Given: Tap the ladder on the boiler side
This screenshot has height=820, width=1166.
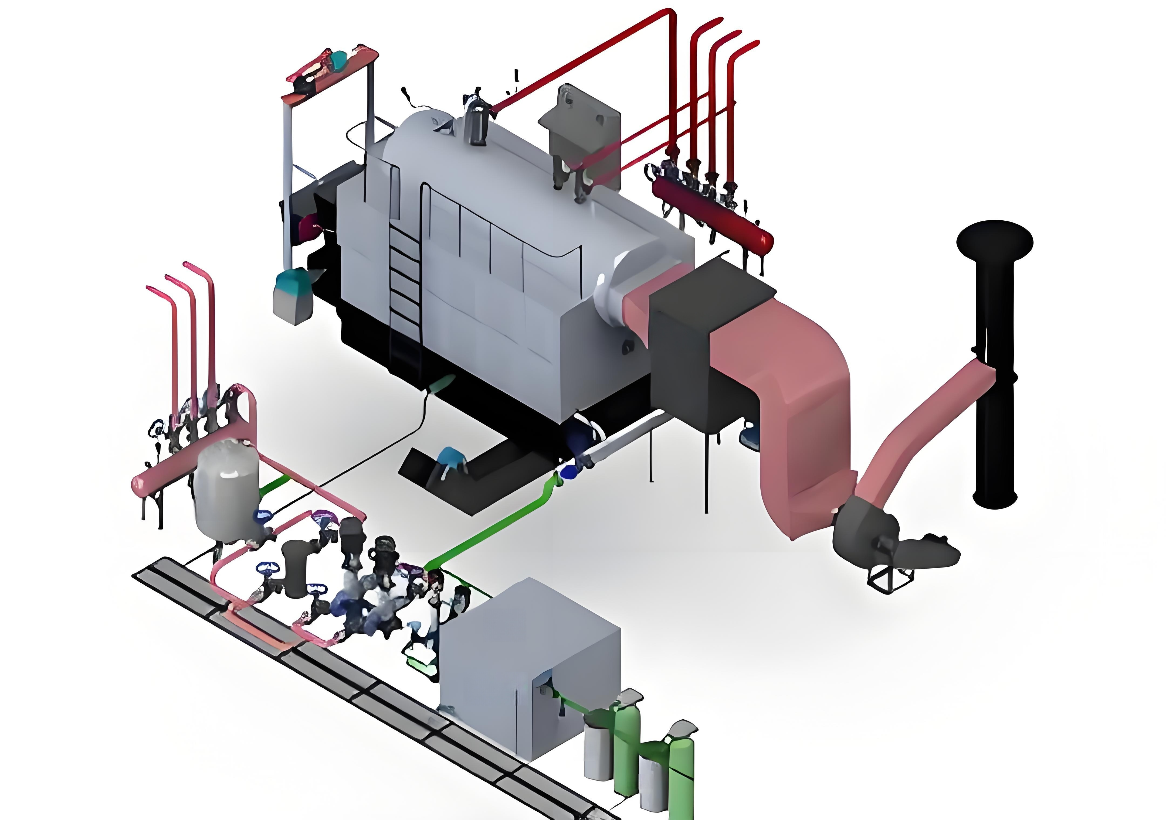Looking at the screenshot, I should pyautogui.click(x=405, y=284).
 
